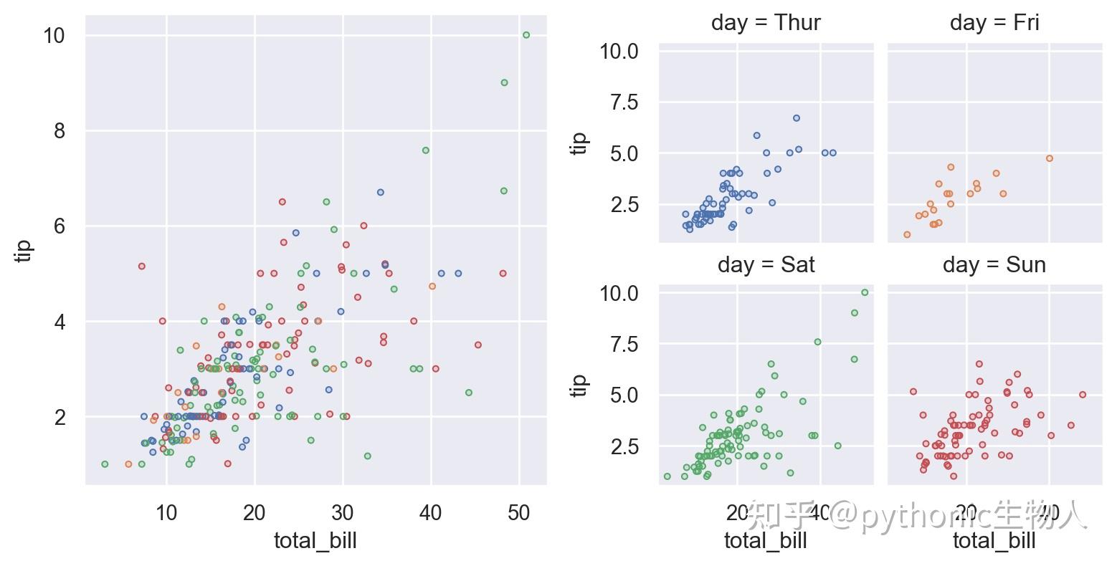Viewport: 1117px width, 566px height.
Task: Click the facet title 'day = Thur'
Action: coord(766,23)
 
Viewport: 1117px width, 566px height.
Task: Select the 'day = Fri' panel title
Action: coord(994,23)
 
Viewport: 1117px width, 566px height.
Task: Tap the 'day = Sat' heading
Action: coord(766,265)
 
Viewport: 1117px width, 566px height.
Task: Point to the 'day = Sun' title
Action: coord(994,265)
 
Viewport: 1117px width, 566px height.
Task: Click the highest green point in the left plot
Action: coord(526,34)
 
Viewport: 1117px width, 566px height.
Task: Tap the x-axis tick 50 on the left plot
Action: coord(518,512)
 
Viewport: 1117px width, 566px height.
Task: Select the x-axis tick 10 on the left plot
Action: coord(166,512)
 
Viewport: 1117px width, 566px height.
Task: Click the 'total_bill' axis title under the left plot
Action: coord(315,540)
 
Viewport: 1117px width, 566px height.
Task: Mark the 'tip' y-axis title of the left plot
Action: coord(24,250)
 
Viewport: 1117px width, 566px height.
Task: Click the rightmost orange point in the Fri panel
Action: coord(1050,158)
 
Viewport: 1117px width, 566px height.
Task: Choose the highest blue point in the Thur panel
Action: coord(796,118)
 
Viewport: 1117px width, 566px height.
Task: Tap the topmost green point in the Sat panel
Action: coord(865,292)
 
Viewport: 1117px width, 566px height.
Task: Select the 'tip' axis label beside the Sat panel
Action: coord(579,384)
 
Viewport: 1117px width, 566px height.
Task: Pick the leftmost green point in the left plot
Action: coord(105,464)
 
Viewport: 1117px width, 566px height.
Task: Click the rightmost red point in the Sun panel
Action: coord(1083,394)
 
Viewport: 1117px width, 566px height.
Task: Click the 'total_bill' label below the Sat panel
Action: coord(766,540)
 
